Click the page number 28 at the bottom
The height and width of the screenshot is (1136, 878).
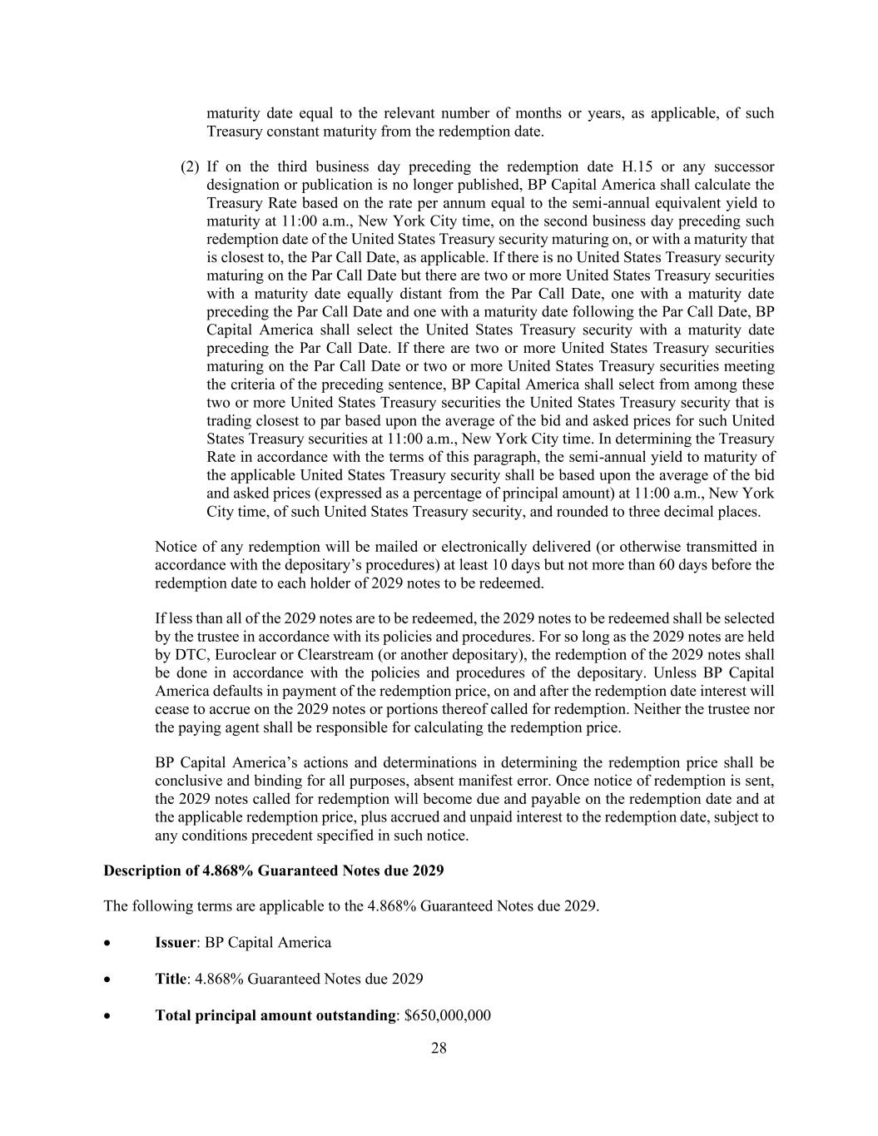click(439, 1048)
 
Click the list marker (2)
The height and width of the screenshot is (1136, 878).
click(190, 166)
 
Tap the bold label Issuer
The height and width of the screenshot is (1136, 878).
click(176, 942)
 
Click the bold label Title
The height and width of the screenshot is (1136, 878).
click(171, 979)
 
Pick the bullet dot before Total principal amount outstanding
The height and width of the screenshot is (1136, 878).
click(108, 1016)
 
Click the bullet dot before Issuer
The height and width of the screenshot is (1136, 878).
click(108, 943)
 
